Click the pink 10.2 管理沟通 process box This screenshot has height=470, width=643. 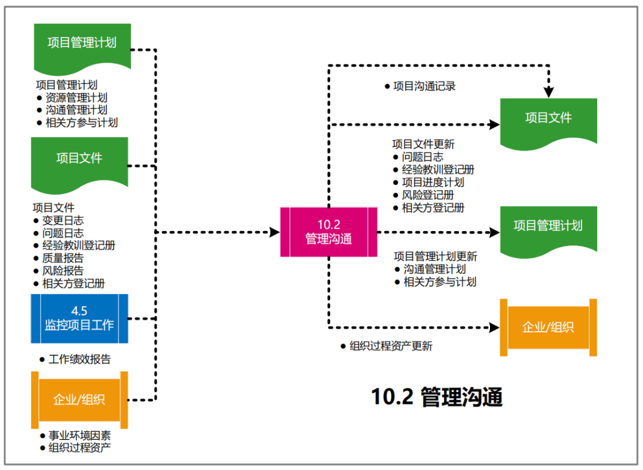[x=328, y=232]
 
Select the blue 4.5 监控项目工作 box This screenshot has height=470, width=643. [x=79, y=318]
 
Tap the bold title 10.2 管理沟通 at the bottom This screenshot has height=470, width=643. [x=436, y=397]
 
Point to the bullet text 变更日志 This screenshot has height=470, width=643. [x=63, y=220]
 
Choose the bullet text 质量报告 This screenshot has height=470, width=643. [x=63, y=258]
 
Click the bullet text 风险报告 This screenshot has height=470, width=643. [x=63, y=270]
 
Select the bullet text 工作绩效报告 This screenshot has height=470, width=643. [x=80, y=359]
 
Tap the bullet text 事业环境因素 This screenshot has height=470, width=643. [x=80, y=436]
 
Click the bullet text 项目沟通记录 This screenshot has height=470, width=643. [x=424, y=86]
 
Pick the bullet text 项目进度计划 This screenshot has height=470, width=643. [x=433, y=182]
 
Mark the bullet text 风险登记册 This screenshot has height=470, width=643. [x=427, y=195]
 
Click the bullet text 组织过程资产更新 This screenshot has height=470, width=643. [x=391, y=346]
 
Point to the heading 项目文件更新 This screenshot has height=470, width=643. [x=423, y=144]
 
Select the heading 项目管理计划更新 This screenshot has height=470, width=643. [x=435, y=257]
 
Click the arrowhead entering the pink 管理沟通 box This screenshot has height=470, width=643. [x=275, y=232]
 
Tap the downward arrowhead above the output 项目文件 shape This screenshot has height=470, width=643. [x=548, y=92]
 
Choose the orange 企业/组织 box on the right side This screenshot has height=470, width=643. [x=548, y=327]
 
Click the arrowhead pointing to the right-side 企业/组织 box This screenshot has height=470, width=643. [x=494, y=327]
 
